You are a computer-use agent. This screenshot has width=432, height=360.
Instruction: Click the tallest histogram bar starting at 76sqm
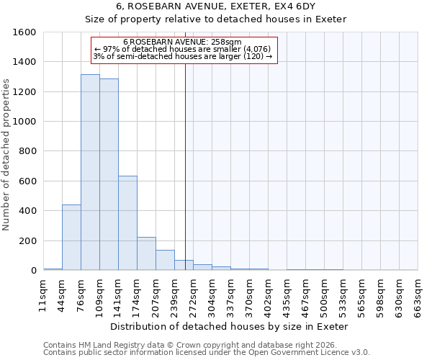90,173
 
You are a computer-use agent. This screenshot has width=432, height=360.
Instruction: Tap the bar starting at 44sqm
71,238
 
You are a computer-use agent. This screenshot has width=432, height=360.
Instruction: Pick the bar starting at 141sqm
127,223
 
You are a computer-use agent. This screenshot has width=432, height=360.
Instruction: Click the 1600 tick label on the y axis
24,32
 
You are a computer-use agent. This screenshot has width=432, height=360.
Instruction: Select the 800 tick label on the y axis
27,151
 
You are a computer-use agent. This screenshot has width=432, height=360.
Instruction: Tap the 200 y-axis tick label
27,240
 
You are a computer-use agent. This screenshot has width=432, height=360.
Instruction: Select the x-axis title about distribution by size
230,326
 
